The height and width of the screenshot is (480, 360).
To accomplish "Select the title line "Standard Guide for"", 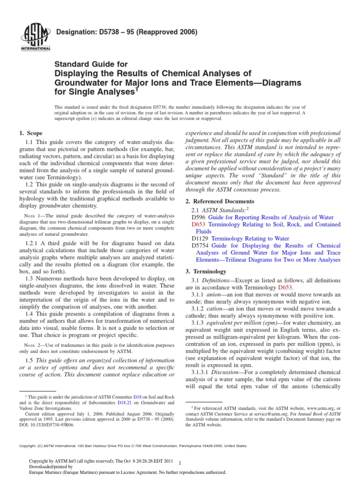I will click(91, 64).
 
